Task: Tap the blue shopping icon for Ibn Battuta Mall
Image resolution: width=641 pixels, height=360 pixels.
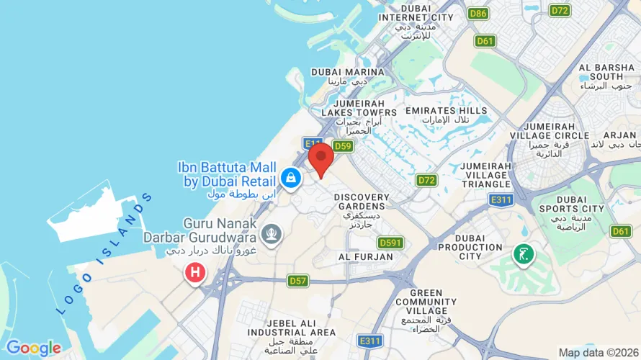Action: [291, 176]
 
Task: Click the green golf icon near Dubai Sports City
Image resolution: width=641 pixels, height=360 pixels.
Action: [524, 253]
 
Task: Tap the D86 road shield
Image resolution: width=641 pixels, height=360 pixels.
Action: [478, 13]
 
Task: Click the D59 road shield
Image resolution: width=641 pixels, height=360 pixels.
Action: [343, 146]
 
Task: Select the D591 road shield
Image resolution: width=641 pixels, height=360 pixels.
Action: [390, 243]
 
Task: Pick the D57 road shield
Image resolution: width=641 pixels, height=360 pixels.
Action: [298, 279]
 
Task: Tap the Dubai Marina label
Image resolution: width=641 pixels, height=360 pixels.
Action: [347, 72]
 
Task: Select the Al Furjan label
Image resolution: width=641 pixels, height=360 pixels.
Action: [366, 256]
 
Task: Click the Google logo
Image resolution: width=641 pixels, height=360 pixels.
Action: [33, 348]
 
